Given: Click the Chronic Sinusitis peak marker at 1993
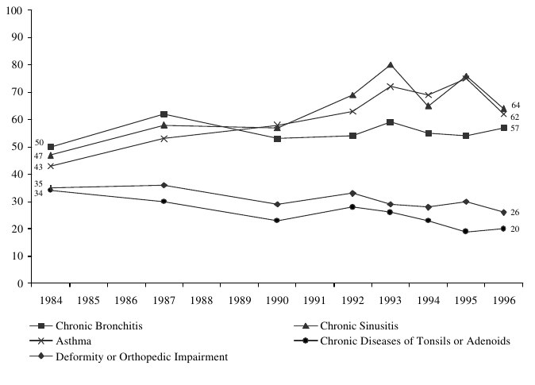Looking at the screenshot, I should tap(391, 65).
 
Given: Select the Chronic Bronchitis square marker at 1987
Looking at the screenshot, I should tap(164, 114).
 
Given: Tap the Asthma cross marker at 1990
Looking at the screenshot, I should tap(277, 125).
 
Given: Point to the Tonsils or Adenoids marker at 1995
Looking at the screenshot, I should tap(466, 232).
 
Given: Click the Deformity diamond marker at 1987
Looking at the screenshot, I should tap(164, 185).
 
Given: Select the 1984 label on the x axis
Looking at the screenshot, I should tap(50, 301).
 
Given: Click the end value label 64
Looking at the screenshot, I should tap(515, 106).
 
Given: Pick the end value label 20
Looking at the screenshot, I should tap(515, 229).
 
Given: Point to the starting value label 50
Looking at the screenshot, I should tap(39, 143).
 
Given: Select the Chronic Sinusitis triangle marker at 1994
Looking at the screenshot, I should tap(429, 106).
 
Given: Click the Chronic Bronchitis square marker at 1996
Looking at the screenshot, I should tap(504, 128).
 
